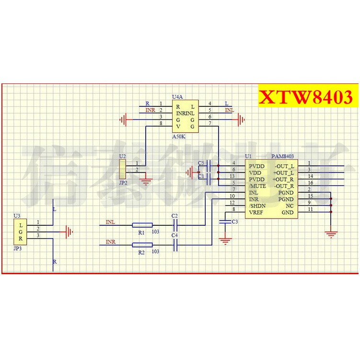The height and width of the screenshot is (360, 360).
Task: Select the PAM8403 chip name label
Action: point(282,156)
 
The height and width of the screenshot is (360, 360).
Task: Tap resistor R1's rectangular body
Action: point(142,224)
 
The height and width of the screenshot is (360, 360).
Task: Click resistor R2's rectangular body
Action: point(142,245)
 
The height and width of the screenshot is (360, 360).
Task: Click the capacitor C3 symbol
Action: point(224,221)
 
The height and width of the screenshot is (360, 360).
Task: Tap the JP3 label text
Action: point(18,249)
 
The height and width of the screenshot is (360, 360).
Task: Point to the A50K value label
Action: point(178,137)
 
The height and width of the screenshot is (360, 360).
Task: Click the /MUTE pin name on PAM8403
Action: point(257,186)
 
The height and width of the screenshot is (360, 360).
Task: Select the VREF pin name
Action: point(256,212)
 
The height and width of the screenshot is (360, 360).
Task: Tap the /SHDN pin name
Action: point(256,206)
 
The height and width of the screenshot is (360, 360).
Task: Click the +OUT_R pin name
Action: point(284,179)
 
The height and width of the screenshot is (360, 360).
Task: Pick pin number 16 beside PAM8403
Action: point(310,183)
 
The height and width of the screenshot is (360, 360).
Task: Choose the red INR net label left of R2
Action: point(110,242)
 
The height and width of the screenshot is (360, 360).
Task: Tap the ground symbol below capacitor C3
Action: point(225,239)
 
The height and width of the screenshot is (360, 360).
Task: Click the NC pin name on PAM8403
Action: point(289,206)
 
